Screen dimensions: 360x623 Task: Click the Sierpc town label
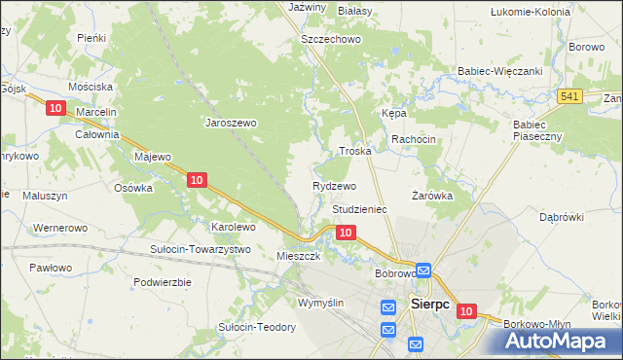[429, 303]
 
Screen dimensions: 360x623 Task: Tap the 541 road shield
[570, 95]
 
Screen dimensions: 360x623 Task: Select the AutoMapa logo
[561, 340]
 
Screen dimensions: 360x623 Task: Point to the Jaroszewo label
[230, 123]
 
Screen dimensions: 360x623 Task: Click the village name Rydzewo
[334, 185]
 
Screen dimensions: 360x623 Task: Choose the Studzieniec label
[360, 209]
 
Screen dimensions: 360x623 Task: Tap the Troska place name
[355, 152]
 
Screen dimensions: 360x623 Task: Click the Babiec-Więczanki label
[499, 71]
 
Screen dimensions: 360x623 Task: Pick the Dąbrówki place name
[561, 217]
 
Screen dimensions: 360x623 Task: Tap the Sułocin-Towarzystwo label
[200, 249]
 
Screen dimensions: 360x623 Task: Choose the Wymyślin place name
[321, 304]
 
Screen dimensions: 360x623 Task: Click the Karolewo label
[234, 227]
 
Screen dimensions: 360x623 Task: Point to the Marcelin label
[96, 112]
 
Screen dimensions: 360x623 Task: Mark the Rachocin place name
[414, 139]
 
